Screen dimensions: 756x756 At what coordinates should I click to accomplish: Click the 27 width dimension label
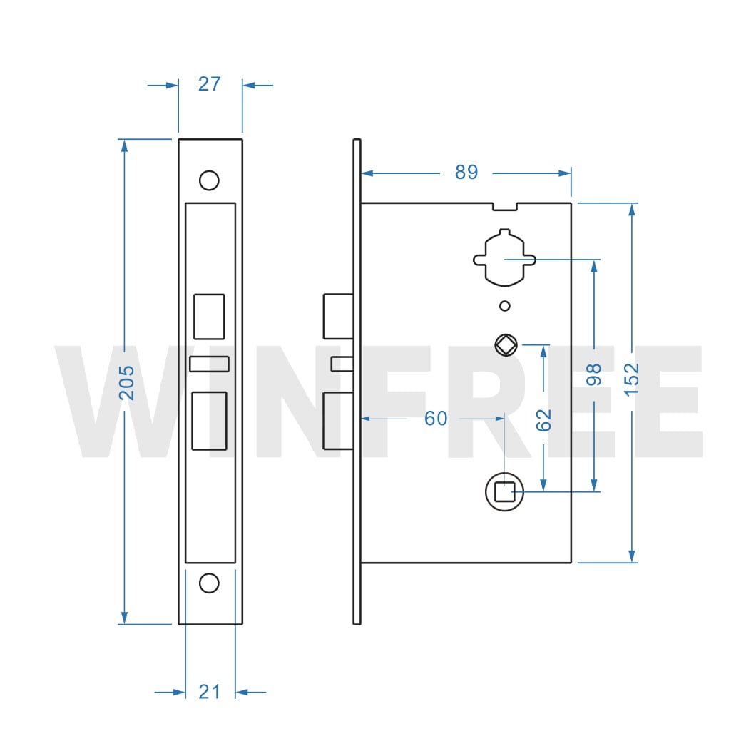pyautogui.click(x=209, y=84)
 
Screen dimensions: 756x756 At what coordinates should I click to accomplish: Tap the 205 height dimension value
pyautogui.click(x=126, y=382)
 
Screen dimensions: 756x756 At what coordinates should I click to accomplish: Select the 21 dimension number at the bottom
pyautogui.click(x=209, y=691)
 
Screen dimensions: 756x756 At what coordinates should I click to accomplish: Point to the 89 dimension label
pyautogui.click(x=466, y=172)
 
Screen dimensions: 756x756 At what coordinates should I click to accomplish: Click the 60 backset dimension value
pyautogui.click(x=436, y=419)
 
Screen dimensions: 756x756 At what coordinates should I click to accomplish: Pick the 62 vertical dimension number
pyautogui.click(x=543, y=419)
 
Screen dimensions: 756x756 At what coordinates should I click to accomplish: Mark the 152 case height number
pyautogui.click(x=631, y=374)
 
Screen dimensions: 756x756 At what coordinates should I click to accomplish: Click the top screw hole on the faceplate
pyautogui.click(x=209, y=180)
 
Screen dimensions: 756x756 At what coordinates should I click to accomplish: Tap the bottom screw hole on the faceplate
pyautogui.click(x=209, y=583)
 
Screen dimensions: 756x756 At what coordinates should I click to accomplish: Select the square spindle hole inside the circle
pyautogui.click(x=504, y=492)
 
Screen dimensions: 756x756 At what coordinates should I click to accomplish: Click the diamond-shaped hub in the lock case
pyautogui.click(x=505, y=345)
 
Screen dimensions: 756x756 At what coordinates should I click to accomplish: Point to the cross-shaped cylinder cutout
pyautogui.click(x=505, y=258)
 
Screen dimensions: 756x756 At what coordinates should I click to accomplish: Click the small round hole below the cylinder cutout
pyautogui.click(x=505, y=306)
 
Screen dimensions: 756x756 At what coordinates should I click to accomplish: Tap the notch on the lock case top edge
pyautogui.click(x=505, y=206)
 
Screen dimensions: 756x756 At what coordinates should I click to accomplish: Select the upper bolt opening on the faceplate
pyautogui.click(x=209, y=316)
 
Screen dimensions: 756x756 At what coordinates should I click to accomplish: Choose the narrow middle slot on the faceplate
pyautogui.click(x=209, y=364)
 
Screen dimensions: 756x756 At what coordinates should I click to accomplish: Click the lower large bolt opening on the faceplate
pyautogui.click(x=209, y=421)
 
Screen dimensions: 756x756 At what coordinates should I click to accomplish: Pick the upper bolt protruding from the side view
pyautogui.click(x=338, y=316)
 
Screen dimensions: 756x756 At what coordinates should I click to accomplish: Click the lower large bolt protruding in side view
pyautogui.click(x=338, y=421)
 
